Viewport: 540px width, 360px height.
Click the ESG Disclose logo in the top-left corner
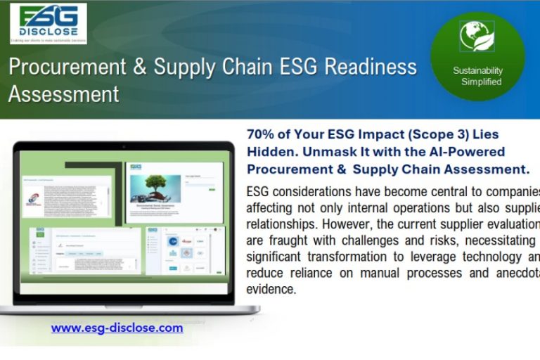click(49, 24)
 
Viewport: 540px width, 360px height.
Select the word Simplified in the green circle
click(481, 82)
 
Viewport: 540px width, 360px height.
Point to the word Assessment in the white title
click(63, 94)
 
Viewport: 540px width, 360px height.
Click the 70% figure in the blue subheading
click(262, 134)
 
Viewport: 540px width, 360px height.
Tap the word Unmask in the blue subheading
click(323, 151)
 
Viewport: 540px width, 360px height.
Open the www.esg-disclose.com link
click(117, 328)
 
